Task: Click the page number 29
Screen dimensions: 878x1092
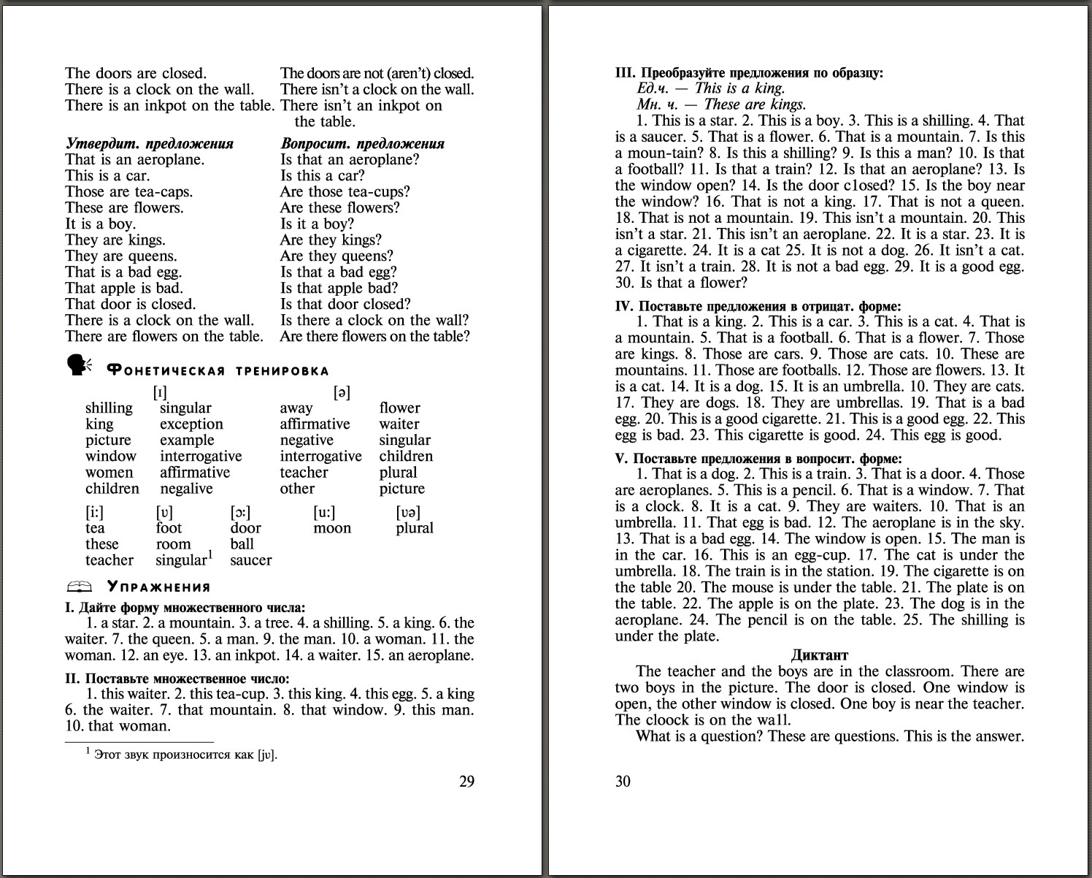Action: [x=466, y=782]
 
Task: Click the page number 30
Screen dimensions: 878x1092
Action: [x=623, y=782]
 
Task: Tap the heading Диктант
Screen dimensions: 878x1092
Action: [x=820, y=654]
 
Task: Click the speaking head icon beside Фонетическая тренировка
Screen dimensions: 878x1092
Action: [x=79, y=365]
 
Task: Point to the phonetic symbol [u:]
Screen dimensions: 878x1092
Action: [x=325, y=512]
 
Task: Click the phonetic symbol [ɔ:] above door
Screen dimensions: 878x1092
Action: [x=240, y=512]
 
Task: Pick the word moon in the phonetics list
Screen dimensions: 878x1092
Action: [x=332, y=528]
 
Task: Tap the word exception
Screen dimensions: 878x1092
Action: [x=191, y=424]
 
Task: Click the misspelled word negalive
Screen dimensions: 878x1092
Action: [x=186, y=489]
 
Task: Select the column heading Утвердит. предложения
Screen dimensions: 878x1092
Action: [x=150, y=143]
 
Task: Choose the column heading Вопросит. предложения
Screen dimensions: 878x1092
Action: [x=362, y=143]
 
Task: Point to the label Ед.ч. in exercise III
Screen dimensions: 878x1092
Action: [x=653, y=88]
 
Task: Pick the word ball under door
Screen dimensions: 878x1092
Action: [x=242, y=544]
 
